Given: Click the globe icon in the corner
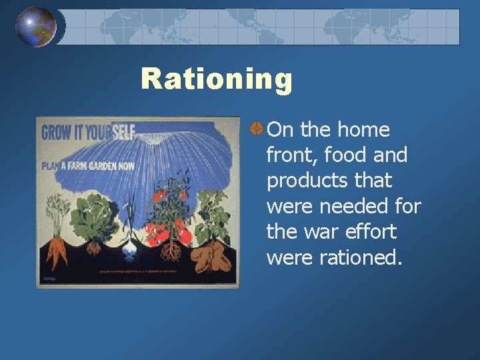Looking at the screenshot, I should [x=36, y=27].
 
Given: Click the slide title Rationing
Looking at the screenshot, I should [x=217, y=79].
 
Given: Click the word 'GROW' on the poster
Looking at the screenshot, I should [x=57, y=133].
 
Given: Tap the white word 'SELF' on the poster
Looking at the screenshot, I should [x=123, y=132].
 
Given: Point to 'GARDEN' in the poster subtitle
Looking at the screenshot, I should [x=111, y=165].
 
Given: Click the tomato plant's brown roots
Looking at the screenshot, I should [x=171, y=251].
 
